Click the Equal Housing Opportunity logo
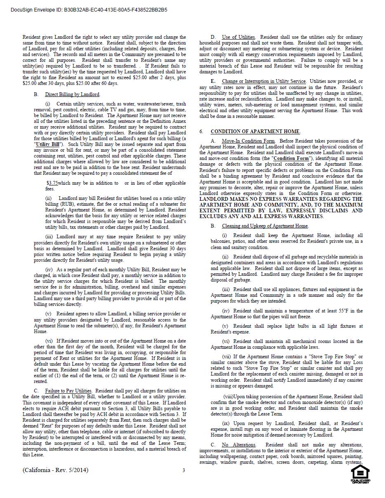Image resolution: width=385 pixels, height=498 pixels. pyautogui.click(x=360, y=474)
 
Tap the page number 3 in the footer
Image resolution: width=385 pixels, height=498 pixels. pyautogui.click(x=184, y=470)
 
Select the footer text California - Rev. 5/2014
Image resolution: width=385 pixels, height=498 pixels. pyautogui.click(x=55, y=470)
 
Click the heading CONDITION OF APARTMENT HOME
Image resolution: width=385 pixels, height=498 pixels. pyautogui.click(x=255, y=132)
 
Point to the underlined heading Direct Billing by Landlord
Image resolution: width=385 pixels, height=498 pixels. pyautogui.click(x=72, y=94)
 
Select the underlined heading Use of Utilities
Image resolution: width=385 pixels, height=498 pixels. pyautogui.click(x=238, y=38)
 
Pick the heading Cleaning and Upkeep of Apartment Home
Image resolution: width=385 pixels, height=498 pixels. pyautogui.click(x=265, y=226)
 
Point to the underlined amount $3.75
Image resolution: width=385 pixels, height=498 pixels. pyautogui.click(x=52, y=183)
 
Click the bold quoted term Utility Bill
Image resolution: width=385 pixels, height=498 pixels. pyautogui.click(x=49, y=145)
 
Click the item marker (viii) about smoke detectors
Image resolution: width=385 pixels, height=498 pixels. pyautogui.click(x=228, y=397)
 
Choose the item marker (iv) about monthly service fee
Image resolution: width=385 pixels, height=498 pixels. pyautogui.click(x=49, y=270)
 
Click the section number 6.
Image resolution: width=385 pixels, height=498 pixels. pyautogui.click(x=201, y=132)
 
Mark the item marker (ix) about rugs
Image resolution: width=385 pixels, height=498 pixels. pyautogui.click(x=226, y=423)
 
